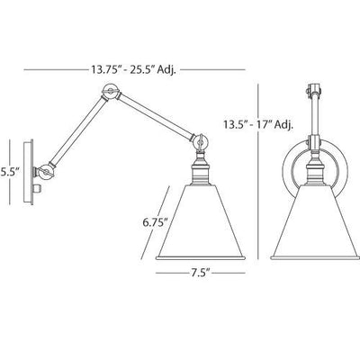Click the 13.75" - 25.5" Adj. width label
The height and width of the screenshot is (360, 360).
coord(133,70)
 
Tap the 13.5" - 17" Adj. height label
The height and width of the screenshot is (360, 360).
coord(257,124)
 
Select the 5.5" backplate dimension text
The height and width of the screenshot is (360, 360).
coord(10,173)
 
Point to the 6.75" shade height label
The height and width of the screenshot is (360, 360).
coord(155,222)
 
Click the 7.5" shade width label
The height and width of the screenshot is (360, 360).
coord(200,274)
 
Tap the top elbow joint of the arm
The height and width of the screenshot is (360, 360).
coord(111,91)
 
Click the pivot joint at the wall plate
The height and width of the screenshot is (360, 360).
coord(45,173)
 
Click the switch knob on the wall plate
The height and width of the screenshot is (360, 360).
coord(38,189)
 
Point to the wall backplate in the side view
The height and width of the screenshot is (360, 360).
coord(29,172)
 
